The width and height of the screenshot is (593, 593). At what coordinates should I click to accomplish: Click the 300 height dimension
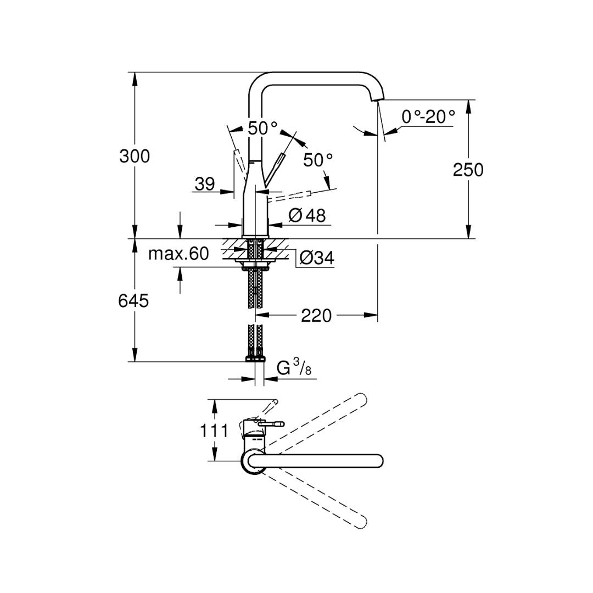135,156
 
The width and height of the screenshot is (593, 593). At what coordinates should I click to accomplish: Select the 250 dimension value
468,170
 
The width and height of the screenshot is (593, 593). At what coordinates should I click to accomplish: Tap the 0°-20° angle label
428,116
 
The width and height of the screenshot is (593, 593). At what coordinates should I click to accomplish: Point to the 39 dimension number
205,184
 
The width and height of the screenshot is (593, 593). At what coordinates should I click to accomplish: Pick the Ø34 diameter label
317,258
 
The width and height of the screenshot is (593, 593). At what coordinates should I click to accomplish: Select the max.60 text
178,254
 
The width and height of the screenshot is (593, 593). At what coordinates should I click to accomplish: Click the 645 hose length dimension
133,301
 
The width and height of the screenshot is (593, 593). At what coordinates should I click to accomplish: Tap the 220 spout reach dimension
316,316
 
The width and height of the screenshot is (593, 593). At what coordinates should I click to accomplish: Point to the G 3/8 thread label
294,367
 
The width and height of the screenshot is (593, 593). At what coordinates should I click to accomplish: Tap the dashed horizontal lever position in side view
291,194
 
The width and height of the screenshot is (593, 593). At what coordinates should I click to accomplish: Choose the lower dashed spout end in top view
361,522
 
